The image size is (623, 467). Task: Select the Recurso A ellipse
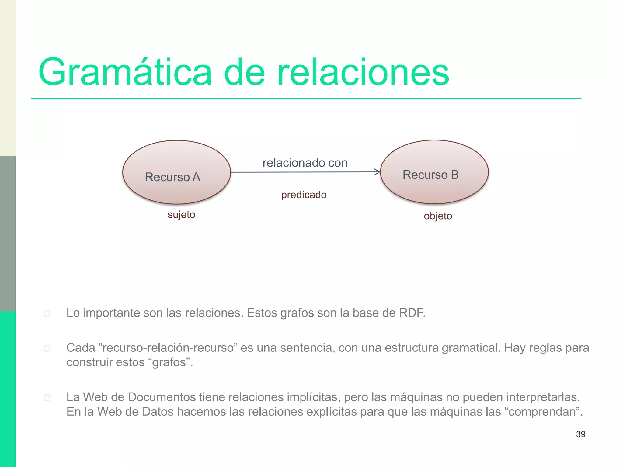(176, 172)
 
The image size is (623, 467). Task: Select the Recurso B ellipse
(434, 172)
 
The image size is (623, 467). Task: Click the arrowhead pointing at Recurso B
(378, 172)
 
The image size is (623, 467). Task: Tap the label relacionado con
(305, 163)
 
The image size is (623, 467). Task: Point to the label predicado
(304, 195)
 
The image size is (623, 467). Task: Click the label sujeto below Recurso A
(181, 215)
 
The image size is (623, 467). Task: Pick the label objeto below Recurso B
(438, 216)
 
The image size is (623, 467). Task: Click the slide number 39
(580, 434)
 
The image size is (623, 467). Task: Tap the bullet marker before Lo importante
(47, 313)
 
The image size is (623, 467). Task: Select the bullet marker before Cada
(47, 348)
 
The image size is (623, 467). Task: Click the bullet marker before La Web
(47, 398)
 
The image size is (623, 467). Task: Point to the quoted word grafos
(170, 362)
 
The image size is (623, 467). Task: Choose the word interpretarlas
(543, 397)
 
